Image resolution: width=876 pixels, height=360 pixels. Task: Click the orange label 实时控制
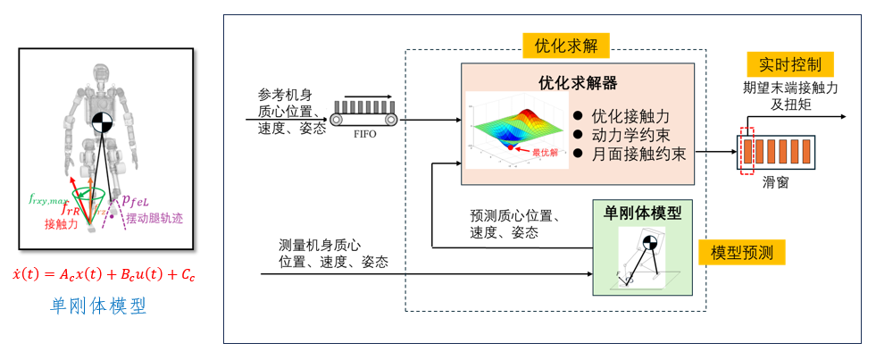click(x=789, y=64)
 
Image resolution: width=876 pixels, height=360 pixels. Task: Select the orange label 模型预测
click(x=740, y=252)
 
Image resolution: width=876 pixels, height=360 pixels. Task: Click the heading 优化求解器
click(x=577, y=82)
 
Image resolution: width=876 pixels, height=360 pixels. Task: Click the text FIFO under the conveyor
click(x=365, y=136)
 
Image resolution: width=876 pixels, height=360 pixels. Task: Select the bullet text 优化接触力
click(x=630, y=116)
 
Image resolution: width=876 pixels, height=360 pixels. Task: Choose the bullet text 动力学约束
click(x=630, y=135)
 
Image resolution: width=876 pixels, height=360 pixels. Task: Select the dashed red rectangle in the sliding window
click(x=747, y=152)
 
